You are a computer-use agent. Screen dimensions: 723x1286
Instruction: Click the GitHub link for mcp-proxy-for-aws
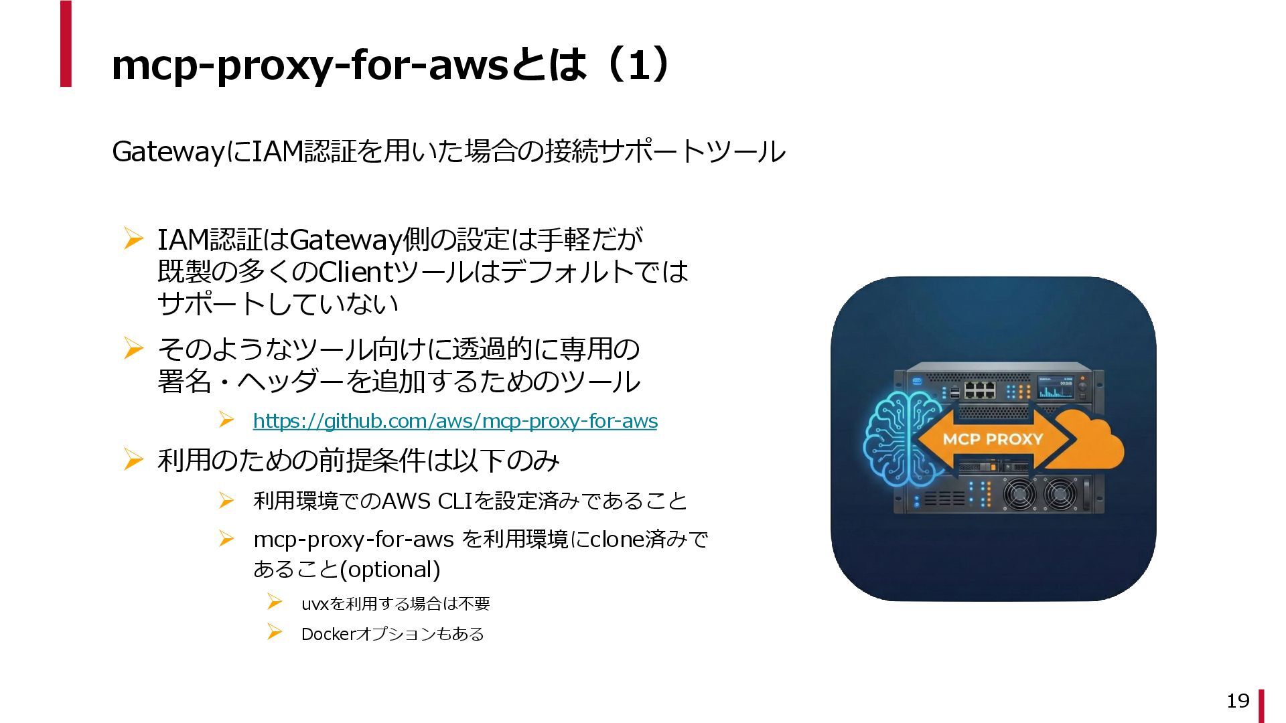[455, 421]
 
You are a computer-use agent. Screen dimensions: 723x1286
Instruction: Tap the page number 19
[1238, 700]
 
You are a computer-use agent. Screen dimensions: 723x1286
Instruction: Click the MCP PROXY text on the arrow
[993, 439]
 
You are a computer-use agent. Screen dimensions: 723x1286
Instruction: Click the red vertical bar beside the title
[66, 44]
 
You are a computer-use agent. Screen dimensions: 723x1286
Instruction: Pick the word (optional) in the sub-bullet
[390, 570]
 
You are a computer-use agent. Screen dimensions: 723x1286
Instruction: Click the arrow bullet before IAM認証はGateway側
[133, 239]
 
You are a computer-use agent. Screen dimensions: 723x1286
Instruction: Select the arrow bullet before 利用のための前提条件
[133, 460]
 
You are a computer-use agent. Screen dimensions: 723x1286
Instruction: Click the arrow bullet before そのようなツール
[133, 349]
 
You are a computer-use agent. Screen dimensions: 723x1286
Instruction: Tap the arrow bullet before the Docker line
[274, 633]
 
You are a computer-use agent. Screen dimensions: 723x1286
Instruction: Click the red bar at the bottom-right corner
[1261, 706]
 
